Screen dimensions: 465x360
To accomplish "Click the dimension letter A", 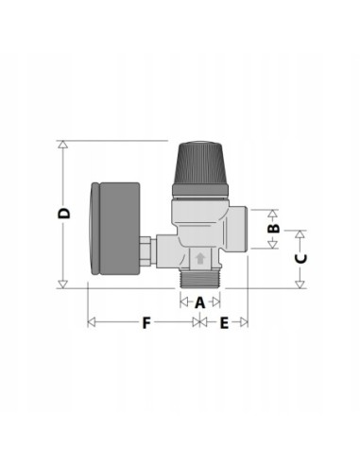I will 199,302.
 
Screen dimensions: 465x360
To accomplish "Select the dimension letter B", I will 273,228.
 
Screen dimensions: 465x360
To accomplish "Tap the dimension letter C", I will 300,257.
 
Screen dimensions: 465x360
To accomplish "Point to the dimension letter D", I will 63,215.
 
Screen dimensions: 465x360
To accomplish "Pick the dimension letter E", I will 224,323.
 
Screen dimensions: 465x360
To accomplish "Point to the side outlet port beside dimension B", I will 237,228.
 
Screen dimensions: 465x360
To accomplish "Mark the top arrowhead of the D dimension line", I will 63,146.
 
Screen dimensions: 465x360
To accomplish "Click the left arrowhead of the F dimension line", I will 91,323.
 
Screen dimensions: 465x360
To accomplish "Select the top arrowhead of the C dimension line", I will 300,232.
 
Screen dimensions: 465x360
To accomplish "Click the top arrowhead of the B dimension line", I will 273,212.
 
